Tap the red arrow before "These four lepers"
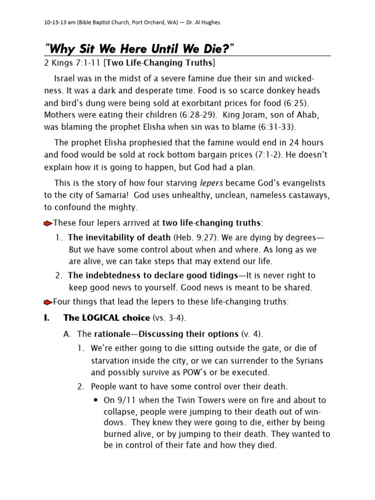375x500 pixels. point(48,224)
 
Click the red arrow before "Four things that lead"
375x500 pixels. point(48,302)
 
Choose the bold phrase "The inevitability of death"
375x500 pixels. point(120,238)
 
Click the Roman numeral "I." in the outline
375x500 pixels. point(47,318)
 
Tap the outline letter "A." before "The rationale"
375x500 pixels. point(68,334)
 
